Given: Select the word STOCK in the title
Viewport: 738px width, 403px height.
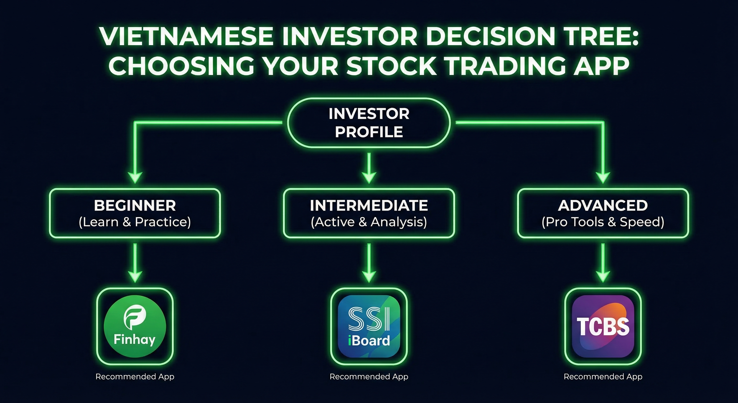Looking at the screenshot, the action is pyautogui.click(x=392, y=66).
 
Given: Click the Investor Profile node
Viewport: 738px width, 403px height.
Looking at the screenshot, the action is pyautogui.click(x=369, y=123).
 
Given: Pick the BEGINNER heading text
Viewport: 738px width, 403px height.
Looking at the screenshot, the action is pyautogui.click(x=135, y=205).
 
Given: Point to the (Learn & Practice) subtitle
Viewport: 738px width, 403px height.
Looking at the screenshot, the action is pyautogui.click(x=135, y=222).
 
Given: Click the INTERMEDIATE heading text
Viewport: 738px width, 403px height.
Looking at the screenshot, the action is pyautogui.click(x=369, y=205).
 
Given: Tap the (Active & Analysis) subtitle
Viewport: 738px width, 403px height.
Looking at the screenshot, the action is pyautogui.click(x=369, y=222).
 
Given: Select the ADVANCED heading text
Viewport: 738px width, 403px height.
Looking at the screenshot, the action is pyautogui.click(x=603, y=205).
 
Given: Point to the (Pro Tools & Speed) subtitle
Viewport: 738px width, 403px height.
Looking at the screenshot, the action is pyautogui.click(x=603, y=222).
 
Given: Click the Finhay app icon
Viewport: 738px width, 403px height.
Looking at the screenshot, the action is pyautogui.click(x=135, y=326).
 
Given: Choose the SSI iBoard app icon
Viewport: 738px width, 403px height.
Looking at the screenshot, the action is pyautogui.click(x=369, y=326).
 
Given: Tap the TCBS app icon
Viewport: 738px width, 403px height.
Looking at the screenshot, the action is pyautogui.click(x=603, y=326).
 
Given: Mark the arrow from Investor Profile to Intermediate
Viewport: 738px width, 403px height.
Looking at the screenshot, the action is pyautogui.click(x=369, y=168).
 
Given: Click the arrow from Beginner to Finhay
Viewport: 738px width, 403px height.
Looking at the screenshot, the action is pyautogui.click(x=135, y=263).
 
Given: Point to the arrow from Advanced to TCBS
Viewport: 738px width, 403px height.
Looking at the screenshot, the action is pyautogui.click(x=603, y=263).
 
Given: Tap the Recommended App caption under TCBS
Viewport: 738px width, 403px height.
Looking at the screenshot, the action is pyautogui.click(x=603, y=377).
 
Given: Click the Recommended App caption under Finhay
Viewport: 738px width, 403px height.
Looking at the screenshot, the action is pyautogui.click(x=135, y=377).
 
